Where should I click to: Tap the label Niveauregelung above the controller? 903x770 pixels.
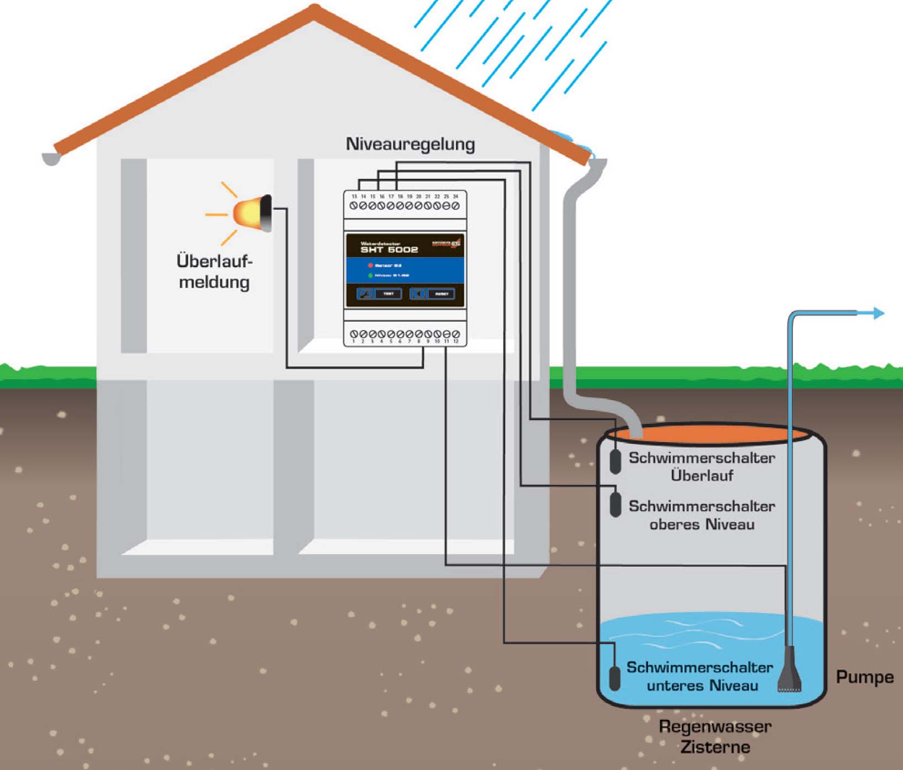[x=410, y=144]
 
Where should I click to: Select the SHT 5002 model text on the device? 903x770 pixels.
[x=389, y=249]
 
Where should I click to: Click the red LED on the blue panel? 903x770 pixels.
[x=370, y=265]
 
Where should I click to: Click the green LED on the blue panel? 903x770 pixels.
[x=370, y=275]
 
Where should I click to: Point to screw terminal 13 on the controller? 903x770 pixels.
[x=354, y=206]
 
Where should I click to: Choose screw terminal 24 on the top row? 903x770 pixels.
[x=455, y=206]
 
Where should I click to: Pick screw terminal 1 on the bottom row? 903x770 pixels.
[x=354, y=334]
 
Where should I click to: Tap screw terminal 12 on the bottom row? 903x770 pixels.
[x=456, y=334]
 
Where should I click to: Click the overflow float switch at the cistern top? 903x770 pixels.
[x=615, y=461]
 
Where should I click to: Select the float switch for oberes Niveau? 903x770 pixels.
[x=615, y=505]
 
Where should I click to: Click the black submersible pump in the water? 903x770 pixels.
[x=790, y=671]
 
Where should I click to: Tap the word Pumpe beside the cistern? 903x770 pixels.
[x=864, y=677]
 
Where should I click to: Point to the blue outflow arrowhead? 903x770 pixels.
[x=879, y=314]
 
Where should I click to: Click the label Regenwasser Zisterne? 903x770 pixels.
[x=715, y=737]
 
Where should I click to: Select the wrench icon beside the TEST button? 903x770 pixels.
[x=365, y=294]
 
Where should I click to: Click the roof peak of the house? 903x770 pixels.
[x=315, y=10]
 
